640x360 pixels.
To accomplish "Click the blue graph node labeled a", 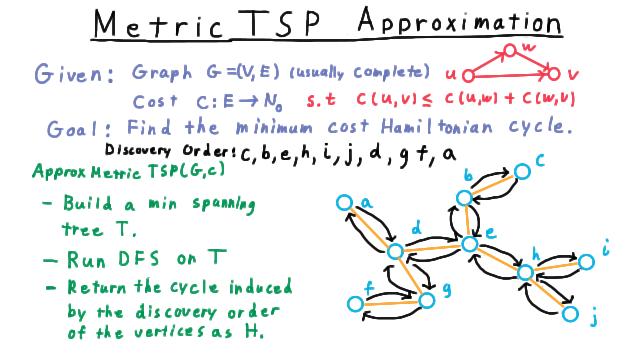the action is coord(345,203).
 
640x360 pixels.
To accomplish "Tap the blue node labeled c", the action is coord(522,171).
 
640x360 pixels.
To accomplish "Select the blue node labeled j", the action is coord(570,314).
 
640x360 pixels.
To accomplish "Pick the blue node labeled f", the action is coord(355,304).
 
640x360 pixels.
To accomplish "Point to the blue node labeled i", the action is coord(586,262).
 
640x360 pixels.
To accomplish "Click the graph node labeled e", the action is coord(470,244).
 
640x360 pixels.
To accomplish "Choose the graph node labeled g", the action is coord(427,301).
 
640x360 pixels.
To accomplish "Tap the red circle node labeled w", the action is coord(510,50).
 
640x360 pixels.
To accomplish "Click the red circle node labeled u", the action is coord(468,76).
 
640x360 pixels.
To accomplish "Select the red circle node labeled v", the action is coord(554,74).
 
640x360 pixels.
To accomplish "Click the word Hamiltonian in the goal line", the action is coord(437,127).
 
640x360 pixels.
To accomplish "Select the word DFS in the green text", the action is coord(138,259).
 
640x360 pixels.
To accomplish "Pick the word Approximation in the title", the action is coord(459,20).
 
